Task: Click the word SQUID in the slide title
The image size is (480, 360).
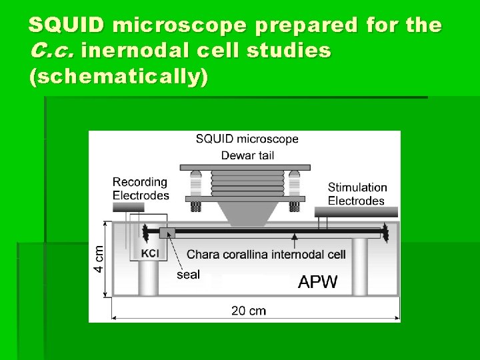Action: [x=67, y=25]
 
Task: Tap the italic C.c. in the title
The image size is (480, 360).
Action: [x=50, y=51]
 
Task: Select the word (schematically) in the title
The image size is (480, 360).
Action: [x=119, y=77]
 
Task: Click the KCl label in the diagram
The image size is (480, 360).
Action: [x=151, y=254]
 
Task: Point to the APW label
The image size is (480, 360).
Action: [x=317, y=281]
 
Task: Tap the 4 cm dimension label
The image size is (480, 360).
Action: [x=98, y=259]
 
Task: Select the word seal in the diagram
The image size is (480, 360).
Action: [x=188, y=274]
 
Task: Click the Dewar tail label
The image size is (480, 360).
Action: [x=247, y=156]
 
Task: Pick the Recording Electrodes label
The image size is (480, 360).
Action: [x=140, y=189]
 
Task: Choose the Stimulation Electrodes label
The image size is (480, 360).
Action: [x=357, y=194]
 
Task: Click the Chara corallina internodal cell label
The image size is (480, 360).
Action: [x=266, y=254]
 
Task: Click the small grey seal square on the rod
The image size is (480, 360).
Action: [x=167, y=232]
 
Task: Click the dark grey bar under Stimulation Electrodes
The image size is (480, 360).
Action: [x=356, y=212]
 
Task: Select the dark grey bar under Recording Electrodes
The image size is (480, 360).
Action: [x=128, y=207]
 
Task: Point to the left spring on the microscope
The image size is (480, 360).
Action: [x=196, y=182]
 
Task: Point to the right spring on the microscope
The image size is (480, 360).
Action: [x=293, y=182]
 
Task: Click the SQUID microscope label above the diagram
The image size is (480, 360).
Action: [x=247, y=139]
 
